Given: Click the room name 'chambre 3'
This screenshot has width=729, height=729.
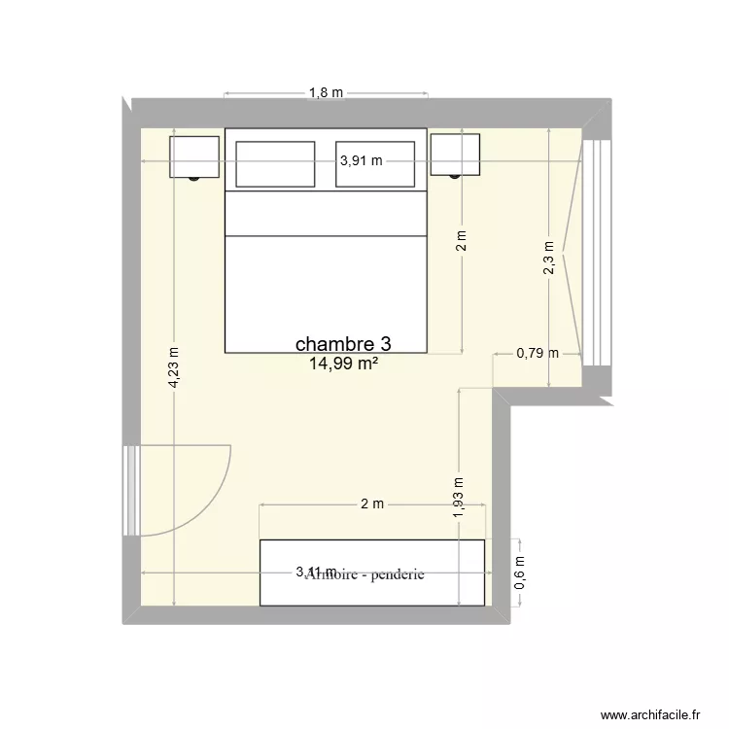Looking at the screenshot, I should pyautogui.click(x=344, y=344).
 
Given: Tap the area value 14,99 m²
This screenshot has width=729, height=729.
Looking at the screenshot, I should pyautogui.click(x=343, y=364).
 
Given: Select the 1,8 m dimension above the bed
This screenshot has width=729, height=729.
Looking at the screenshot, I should pyautogui.click(x=327, y=93).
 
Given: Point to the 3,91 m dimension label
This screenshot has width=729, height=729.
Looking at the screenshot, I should pyautogui.click(x=360, y=162).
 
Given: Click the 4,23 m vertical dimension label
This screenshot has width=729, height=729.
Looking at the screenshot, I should pyautogui.click(x=173, y=369).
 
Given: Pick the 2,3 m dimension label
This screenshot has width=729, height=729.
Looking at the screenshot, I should pyautogui.click(x=549, y=260).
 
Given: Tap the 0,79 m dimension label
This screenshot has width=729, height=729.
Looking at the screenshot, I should pyautogui.click(x=537, y=353).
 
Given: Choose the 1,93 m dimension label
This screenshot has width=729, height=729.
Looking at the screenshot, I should pyautogui.click(x=459, y=495).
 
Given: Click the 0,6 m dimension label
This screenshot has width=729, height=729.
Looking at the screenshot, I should pyautogui.click(x=519, y=573).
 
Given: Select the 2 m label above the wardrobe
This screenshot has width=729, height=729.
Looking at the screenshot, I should pyautogui.click(x=372, y=503).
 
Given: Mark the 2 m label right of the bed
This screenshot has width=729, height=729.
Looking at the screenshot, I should pyautogui.click(x=461, y=240).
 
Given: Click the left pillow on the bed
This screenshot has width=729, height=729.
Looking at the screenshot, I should pyautogui.click(x=275, y=163).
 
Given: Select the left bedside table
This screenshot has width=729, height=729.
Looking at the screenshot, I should pyautogui.click(x=194, y=156).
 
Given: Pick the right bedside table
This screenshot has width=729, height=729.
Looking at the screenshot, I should pyautogui.click(x=456, y=155).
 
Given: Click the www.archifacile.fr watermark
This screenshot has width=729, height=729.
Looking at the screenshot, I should pyautogui.click(x=652, y=713).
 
